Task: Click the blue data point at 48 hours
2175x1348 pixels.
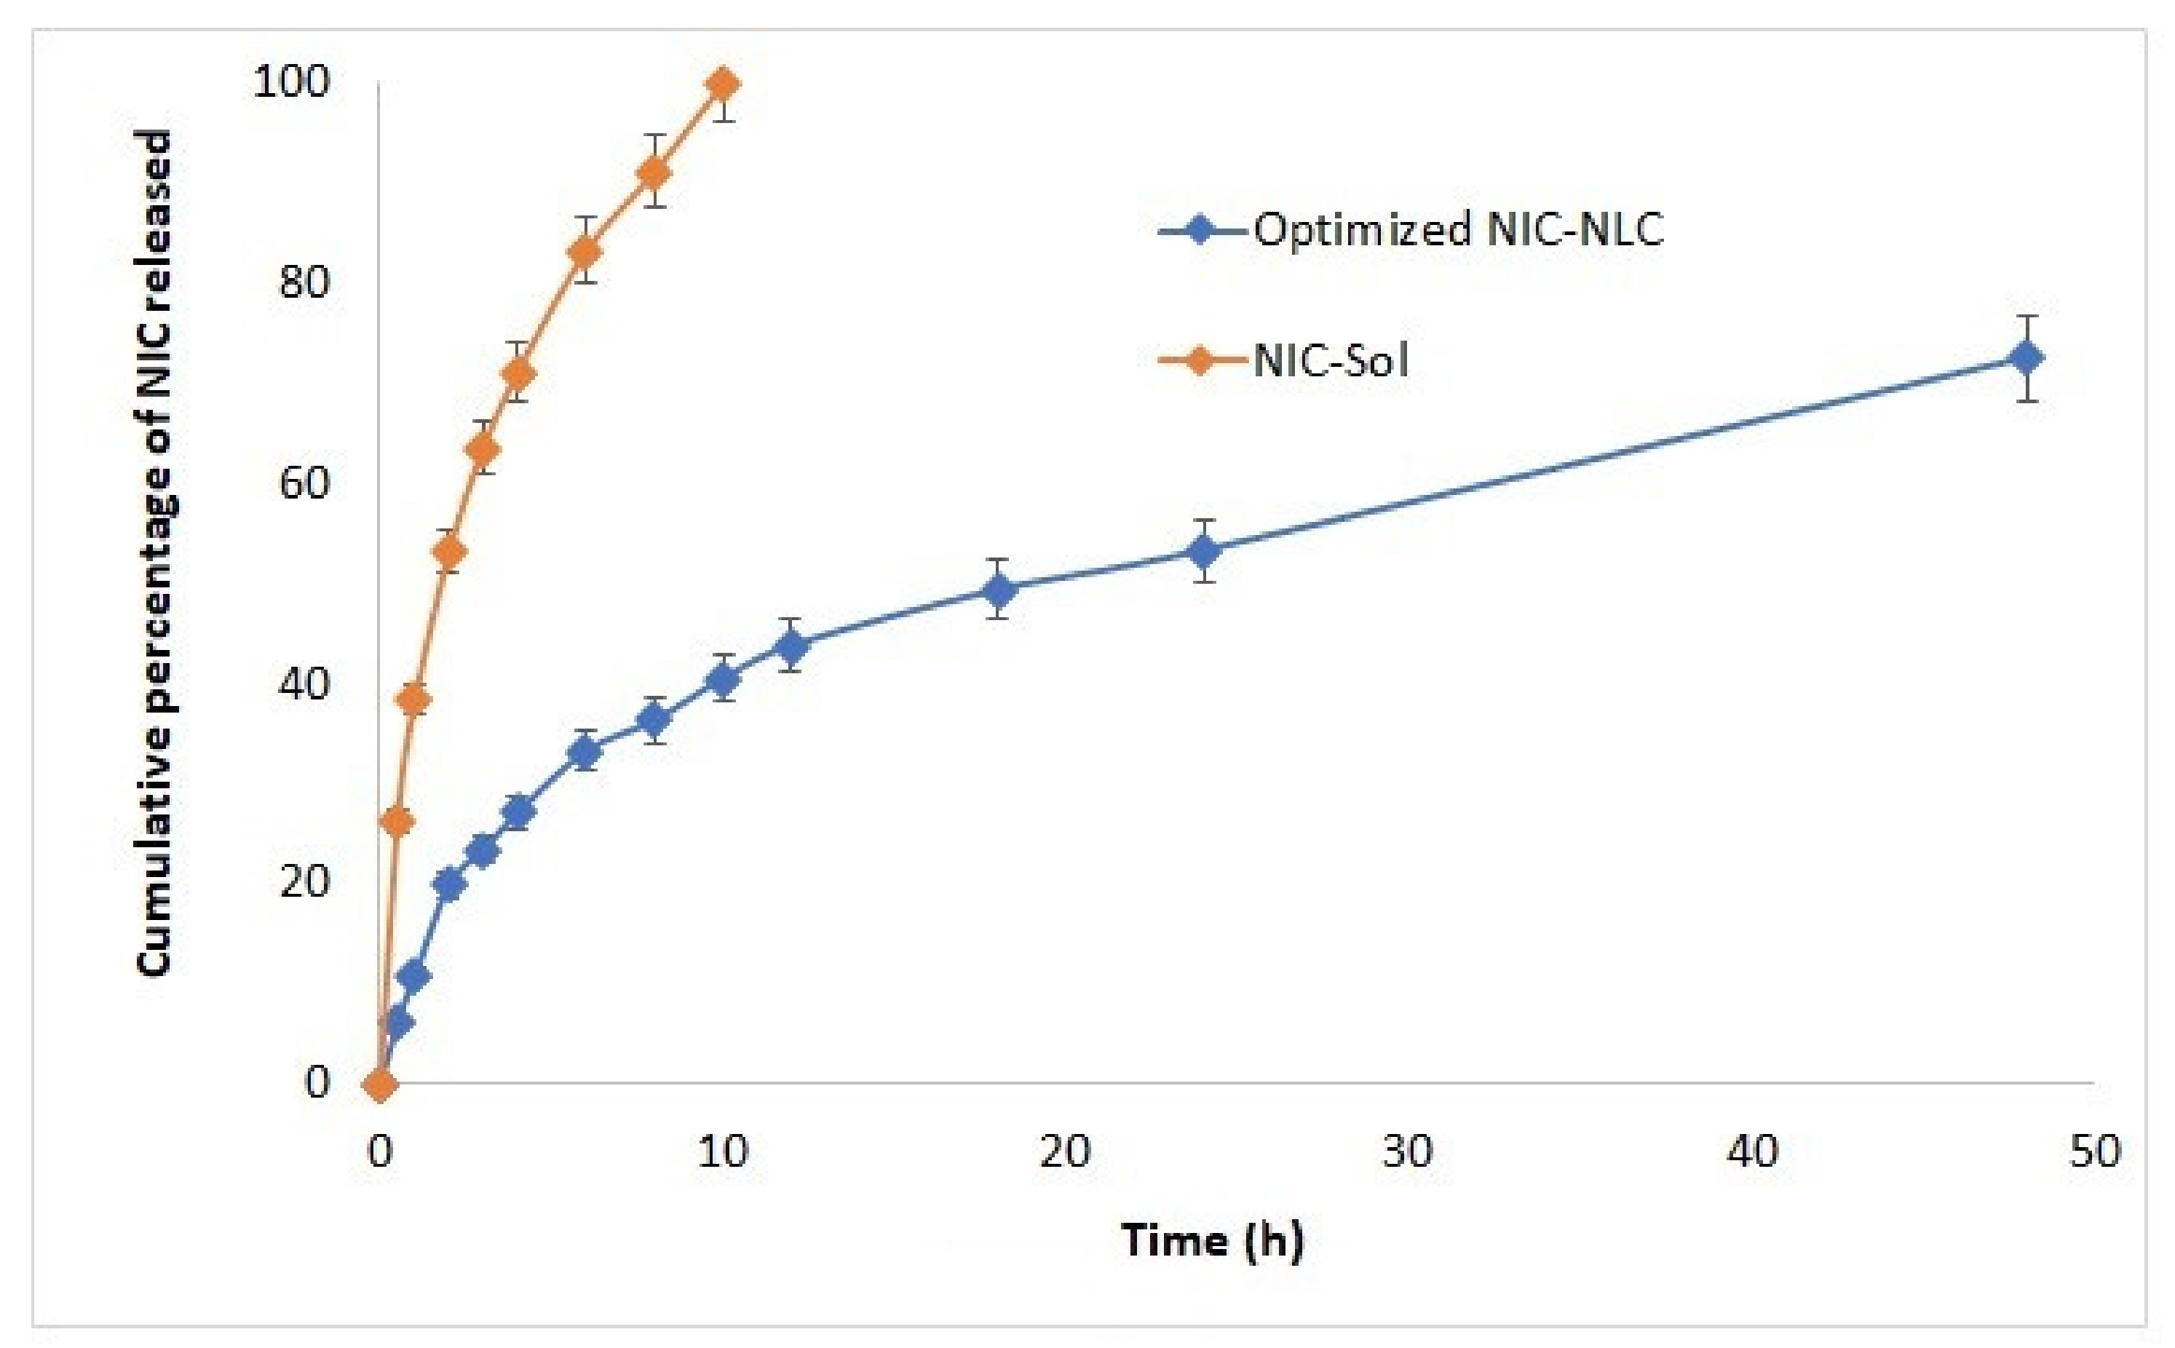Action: click(x=2026, y=358)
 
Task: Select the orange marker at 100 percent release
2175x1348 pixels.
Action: click(x=722, y=84)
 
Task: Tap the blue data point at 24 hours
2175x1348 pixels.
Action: click(x=1204, y=551)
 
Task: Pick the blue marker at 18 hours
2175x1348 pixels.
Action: click(x=999, y=590)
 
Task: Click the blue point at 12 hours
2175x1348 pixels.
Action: click(x=791, y=645)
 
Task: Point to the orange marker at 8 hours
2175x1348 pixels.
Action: click(x=654, y=172)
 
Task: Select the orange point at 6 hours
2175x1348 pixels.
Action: click(x=585, y=251)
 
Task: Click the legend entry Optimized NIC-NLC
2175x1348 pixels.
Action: click(x=1457, y=230)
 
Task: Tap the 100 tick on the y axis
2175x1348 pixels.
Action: click(x=290, y=82)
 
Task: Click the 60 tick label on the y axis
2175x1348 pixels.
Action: click(x=303, y=483)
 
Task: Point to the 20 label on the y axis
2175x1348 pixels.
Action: click(x=303, y=883)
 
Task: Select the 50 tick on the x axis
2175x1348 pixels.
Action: click(x=2094, y=1152)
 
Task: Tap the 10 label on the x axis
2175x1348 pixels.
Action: click(x=722, y=1152)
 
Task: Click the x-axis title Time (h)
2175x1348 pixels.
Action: click(x=1212, y=1240)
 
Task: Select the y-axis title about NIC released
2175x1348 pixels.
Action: click(x=154, y=552)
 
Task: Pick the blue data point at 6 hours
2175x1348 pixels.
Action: click(x=585, y=754)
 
